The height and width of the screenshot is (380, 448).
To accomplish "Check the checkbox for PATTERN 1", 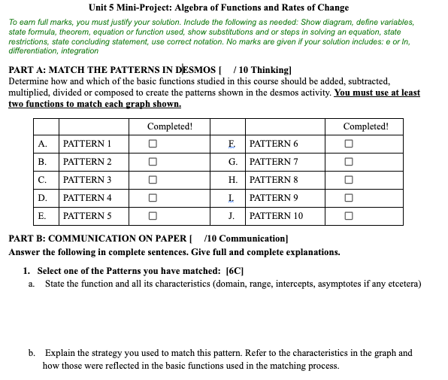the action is pos(153,144).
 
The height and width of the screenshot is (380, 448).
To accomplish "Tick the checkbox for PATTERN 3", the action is pos(153,180).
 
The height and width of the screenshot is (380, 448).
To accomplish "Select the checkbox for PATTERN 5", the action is pos(153,216).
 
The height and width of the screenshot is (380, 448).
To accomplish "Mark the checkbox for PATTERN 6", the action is pos(348,144).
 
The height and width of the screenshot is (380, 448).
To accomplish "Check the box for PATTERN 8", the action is pos(348,180).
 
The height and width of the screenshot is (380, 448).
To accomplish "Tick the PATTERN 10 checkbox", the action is pos(348,216).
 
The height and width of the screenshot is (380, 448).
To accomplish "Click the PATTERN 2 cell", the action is pos(87,162).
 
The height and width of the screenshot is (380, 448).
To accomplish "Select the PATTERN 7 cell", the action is pos(273,162).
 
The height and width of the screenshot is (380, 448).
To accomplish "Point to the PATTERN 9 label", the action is pos(273,198).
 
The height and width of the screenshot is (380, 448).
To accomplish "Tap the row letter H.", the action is pos(233,180).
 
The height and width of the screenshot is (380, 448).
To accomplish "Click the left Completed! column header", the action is pos(169,126).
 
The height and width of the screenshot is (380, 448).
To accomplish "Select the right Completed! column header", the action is pos(365,126).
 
